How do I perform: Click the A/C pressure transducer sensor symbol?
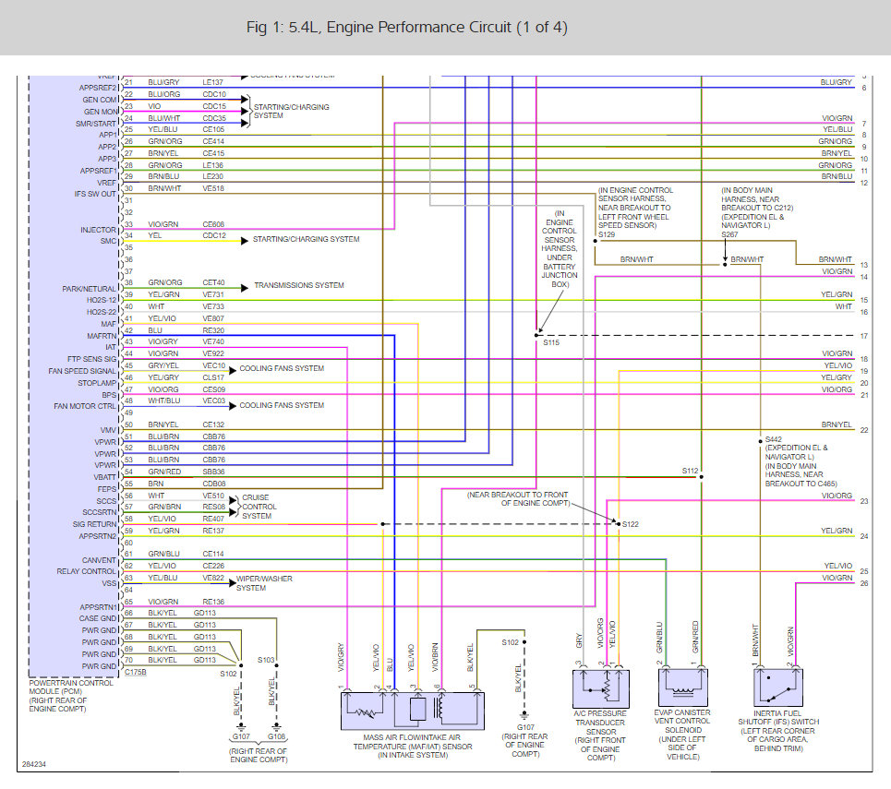click(600, 687)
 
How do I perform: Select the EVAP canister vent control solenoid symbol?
click(683, 687)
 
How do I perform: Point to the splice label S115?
click(551, 342)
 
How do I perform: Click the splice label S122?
click(630, 524)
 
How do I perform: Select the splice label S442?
click(774, 439)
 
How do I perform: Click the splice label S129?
click(606, 235)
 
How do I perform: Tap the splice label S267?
click(730, 235)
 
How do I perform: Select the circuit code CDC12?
click(214, 235)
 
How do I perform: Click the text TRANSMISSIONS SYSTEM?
click(299, 285)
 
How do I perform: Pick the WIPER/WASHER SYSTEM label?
click(264, 583)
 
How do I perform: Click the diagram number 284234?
click(34, 765)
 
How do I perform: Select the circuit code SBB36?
click(214, 472)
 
